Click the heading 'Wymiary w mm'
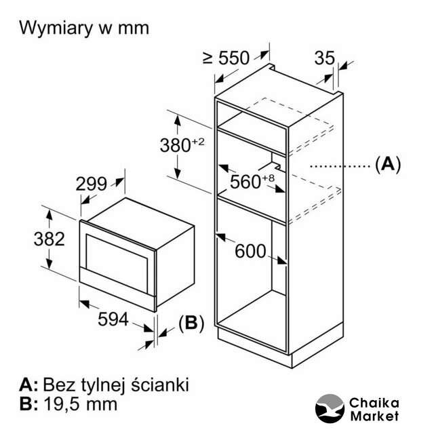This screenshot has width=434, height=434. (83, 28)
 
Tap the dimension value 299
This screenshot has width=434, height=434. (91, 183)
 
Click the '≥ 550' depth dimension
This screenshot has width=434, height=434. (226, 58)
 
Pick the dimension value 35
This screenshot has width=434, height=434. (324, 58)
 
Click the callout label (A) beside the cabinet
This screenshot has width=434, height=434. (388, 163)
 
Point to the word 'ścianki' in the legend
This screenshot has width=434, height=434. (159, 385)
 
